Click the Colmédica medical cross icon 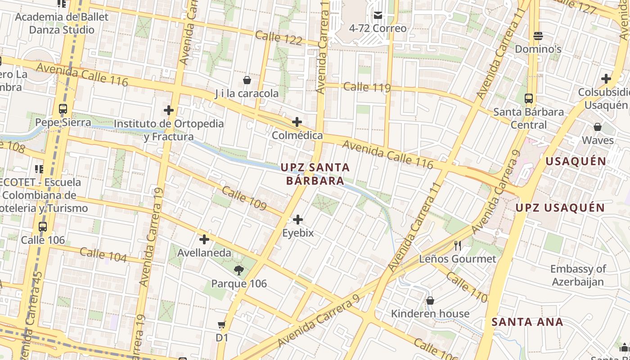pos(297,122)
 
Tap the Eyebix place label pos(297,233)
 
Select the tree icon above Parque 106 pos(239,270)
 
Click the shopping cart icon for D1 pos(221,324)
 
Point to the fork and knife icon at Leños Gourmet pos(458,246)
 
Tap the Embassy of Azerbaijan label pos(578,275)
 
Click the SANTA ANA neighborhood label pos(527,322)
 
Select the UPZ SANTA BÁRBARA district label pos(315,174)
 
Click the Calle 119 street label pos(367,87)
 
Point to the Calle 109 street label pos(244,198)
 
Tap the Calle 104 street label pos(103,255)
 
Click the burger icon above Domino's pos(538,36)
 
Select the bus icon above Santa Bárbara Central pos(529,99)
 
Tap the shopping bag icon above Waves pos(598,127)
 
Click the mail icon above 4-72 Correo pos(378,15)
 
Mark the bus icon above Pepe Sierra pos(63,109)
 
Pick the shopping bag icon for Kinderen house pos(430,301)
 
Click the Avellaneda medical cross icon pos(204,239)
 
